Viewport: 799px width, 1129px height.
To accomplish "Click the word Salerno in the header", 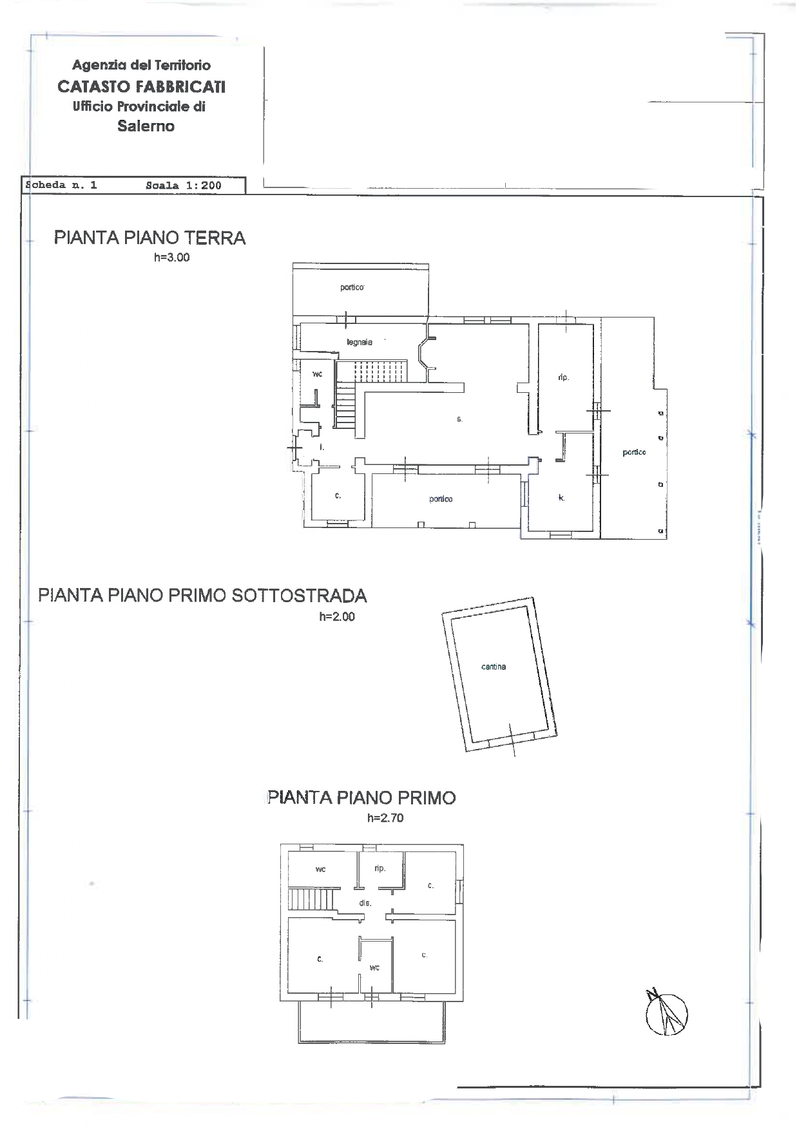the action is tap(146, 126).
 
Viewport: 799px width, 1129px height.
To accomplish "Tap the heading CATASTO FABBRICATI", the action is tap(141, 86).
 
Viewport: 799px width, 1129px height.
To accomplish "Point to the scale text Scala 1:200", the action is tap(184, 185).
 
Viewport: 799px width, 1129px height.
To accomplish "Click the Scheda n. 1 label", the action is tap(61, 185).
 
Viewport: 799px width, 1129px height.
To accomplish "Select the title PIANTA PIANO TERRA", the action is tap(150, 238).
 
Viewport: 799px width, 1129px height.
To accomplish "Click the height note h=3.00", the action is tap(172, 258).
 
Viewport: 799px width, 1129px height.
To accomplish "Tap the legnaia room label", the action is tap(359, 342).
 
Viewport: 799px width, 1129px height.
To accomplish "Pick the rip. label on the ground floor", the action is tap(563, 377).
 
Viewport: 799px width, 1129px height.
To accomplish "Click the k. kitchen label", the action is tap(561, 498).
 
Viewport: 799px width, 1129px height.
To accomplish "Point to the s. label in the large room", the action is tap(459, 419).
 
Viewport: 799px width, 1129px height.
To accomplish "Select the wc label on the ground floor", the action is tap(317, 374).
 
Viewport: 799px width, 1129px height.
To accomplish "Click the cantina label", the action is tap(494, 667).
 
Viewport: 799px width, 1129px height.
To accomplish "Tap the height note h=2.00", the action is tap(337, 616).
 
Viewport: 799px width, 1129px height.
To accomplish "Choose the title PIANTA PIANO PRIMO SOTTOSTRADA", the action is tap(203, 595).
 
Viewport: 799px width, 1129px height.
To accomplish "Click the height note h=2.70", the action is tap(385, 818).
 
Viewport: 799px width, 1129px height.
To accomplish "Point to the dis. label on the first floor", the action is tap(365, 903).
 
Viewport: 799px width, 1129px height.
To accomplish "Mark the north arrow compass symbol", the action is tap(666, 1012).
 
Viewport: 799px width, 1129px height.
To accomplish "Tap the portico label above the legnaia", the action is tap(352, 287).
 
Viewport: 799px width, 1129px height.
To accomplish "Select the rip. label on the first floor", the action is tap(380, 868).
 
